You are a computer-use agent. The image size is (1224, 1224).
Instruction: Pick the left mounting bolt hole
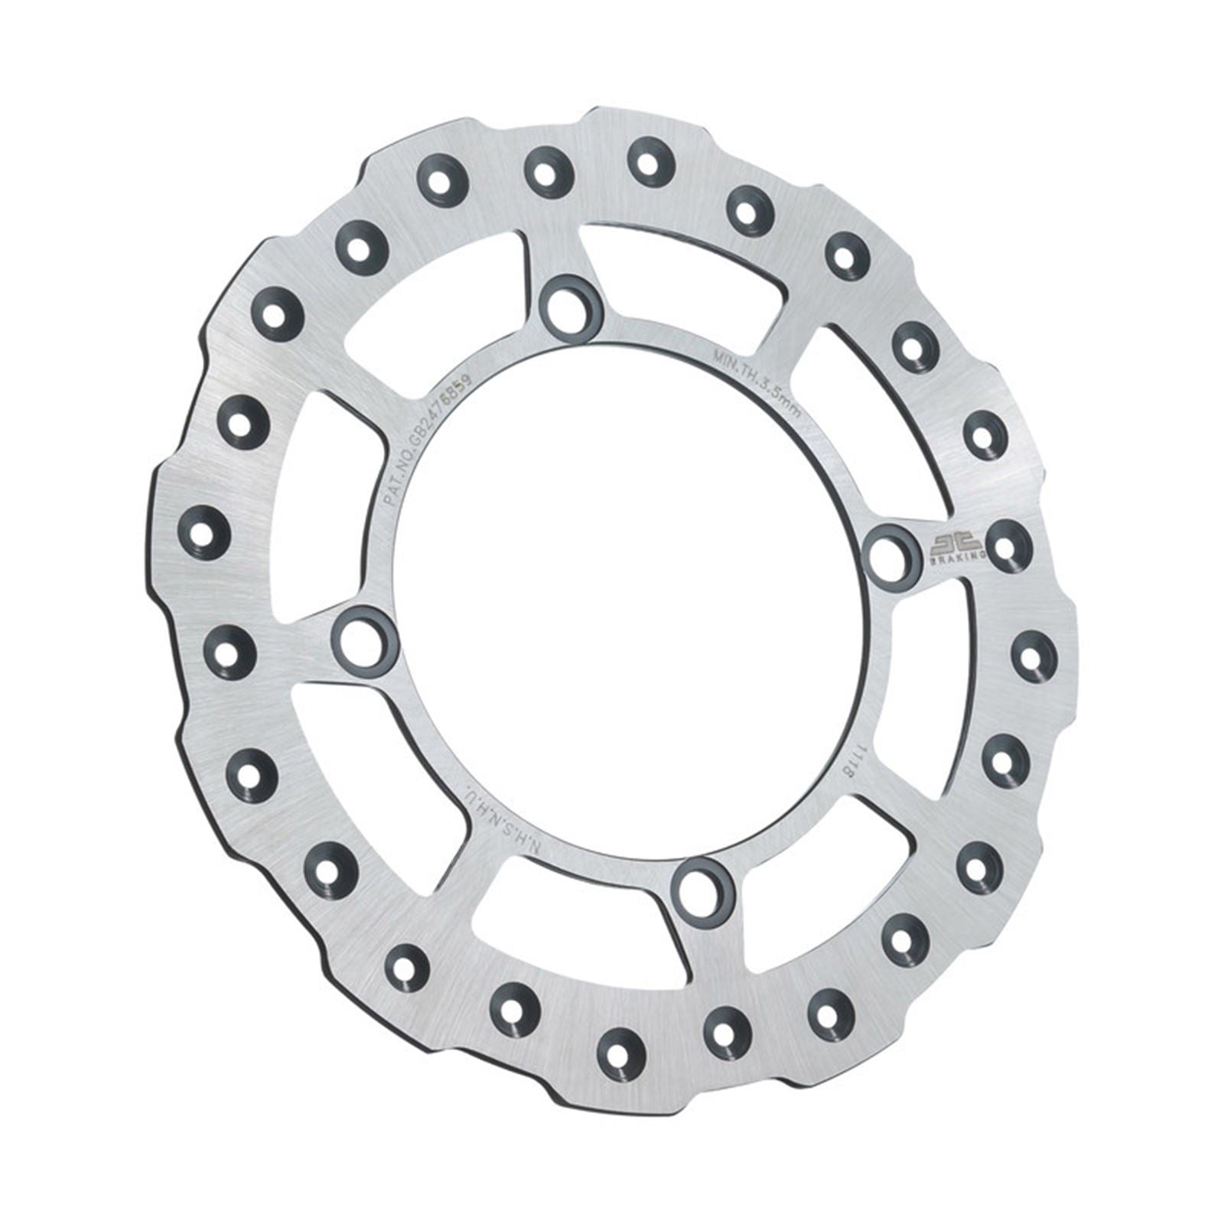(x=364, y=638)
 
